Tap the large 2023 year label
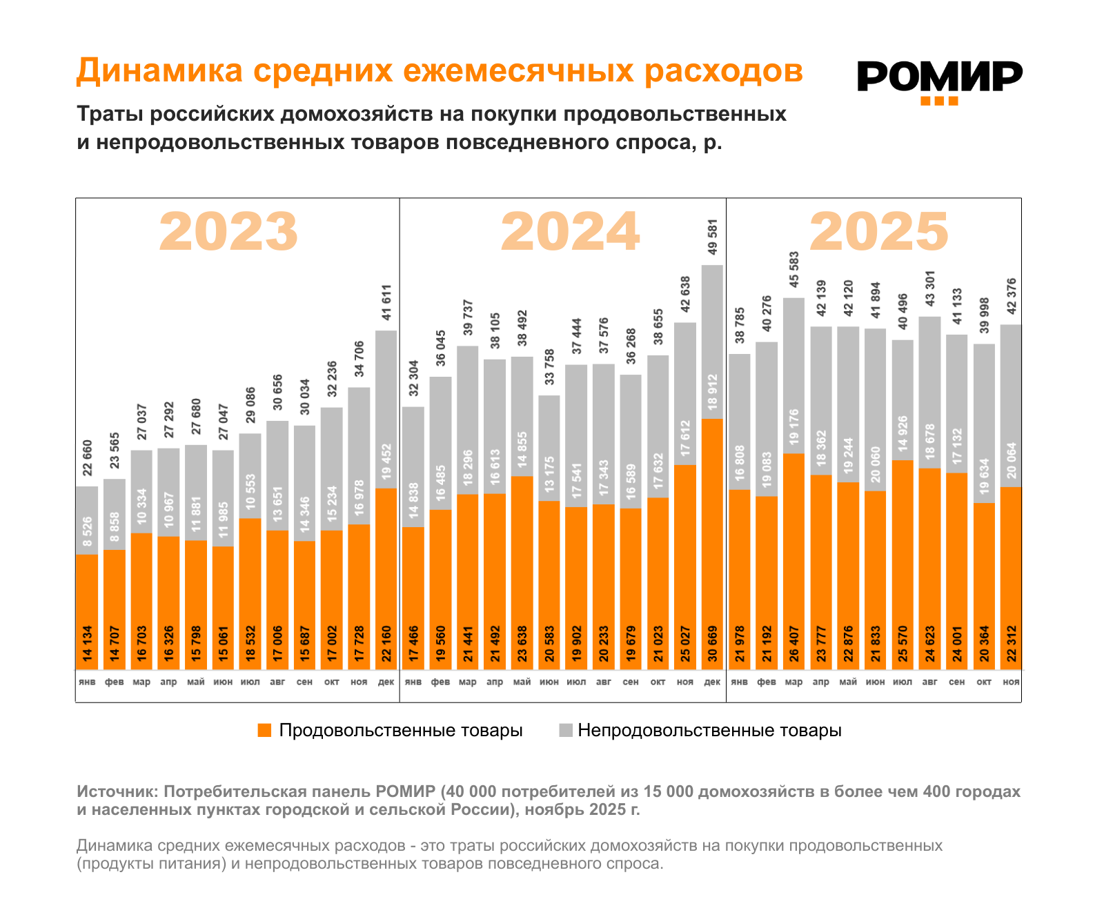(x=228, y=232)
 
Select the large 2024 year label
(x=570, y=232)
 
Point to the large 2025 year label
(x=879, y=232)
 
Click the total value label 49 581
(x=713, y=238)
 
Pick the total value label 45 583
(x=794, y=270)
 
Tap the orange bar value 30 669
(x=713, y=644)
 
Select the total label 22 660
(x=87, y=458)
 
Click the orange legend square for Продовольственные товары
(x=264, y=731)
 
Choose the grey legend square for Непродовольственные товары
(x=566, y=731)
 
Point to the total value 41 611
(x=386, y=302)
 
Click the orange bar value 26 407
(x=794, y=644)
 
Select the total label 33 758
(x=549, y=368)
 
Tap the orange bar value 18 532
(x=250, y=644)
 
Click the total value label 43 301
(x=929, y=288)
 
